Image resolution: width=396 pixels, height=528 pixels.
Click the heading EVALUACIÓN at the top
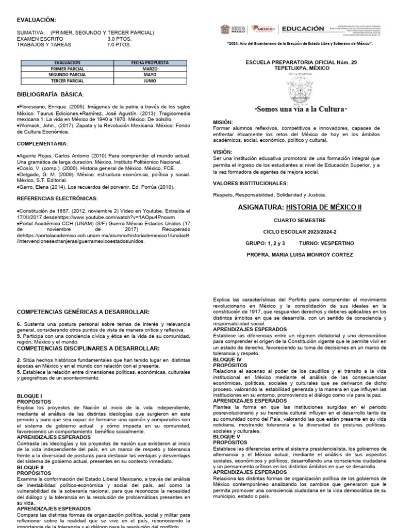36,19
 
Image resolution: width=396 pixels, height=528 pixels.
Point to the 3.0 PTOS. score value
119,39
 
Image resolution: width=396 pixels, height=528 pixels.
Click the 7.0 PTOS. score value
119,45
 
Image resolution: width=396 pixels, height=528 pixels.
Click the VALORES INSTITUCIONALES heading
250,183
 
